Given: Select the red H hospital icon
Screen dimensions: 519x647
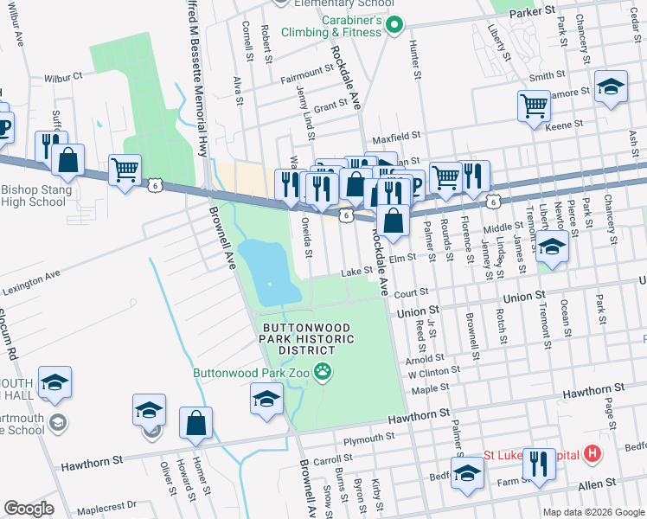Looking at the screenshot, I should [x=592, y=452].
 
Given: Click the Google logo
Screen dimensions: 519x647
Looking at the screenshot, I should [x=29, y=509].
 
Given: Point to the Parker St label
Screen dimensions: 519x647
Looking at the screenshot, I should [x=531, y=13].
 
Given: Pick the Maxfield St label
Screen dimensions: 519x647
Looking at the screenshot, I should [x=395, y=137].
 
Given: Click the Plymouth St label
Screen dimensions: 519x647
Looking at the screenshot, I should [x=362, y=439].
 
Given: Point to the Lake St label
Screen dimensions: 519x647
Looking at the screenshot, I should [x=356, y=271].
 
